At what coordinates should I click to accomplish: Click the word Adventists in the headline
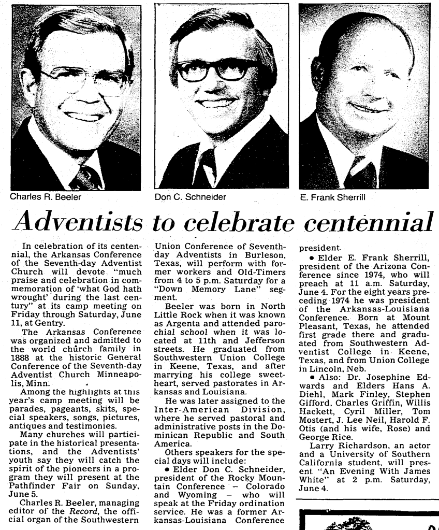[78, 222]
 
